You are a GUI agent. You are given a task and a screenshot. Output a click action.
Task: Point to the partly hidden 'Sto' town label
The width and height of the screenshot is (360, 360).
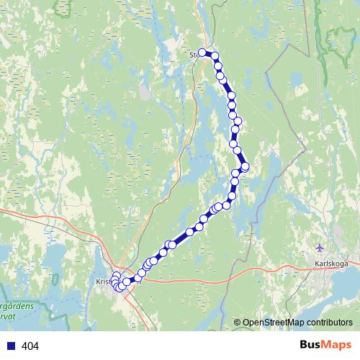(x=193, y=53)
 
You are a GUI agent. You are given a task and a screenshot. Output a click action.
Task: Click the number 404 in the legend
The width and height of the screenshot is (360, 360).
(x=30, y=346)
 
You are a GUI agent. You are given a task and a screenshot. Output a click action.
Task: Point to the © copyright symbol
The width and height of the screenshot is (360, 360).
(x=237, y=323)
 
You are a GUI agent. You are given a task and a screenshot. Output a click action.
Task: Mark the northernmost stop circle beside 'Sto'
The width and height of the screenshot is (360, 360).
(x=203, y=52)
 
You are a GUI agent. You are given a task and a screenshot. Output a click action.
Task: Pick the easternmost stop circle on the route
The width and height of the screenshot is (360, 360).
(x=245, y=167)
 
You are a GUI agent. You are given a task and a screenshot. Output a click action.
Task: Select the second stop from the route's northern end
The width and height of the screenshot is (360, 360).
(x=215, y=56)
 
